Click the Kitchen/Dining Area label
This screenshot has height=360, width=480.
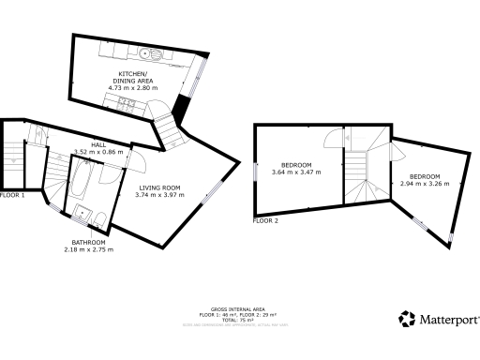coord(135,77)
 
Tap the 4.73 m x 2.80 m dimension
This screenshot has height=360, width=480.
coord(135,87)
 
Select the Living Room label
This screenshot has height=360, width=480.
coord(159,187)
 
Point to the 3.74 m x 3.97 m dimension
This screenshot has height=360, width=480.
coord(159,195)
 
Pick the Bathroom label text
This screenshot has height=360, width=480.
coord(88,242)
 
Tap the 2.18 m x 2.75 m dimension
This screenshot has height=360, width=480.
coord(88,249)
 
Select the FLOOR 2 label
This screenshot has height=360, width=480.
coord(266,220)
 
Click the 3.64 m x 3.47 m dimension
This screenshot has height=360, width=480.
coord(297,172)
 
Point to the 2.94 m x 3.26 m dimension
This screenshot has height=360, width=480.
coord(425,184)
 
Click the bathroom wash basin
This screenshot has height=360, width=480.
coord(82,213)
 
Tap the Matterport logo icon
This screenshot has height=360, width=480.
coord(407,320)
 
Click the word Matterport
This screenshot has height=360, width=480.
coord(445,320)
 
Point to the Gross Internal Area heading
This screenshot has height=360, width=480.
coord(230,308)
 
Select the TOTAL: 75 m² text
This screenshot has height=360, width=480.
coord(230,319)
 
